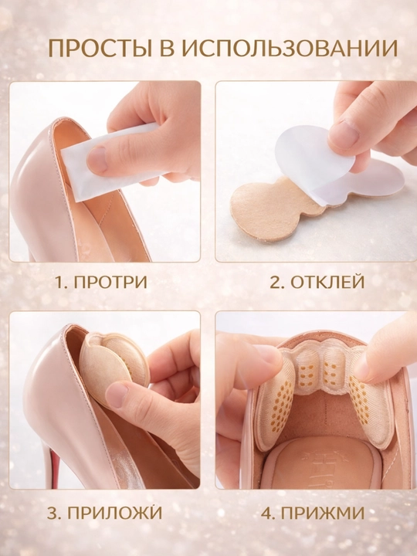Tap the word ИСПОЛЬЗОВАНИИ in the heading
click(290, 48)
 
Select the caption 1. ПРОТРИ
click(101, 283)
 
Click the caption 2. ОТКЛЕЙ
click(317, 283)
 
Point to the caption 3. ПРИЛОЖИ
click(104, 513)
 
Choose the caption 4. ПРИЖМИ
click(313, 513)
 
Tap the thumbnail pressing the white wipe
click(97, 159)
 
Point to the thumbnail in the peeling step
click(343, 134)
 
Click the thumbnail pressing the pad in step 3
click(117, 395)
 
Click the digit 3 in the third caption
click(52, 513)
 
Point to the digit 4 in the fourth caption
click(266, 513)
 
